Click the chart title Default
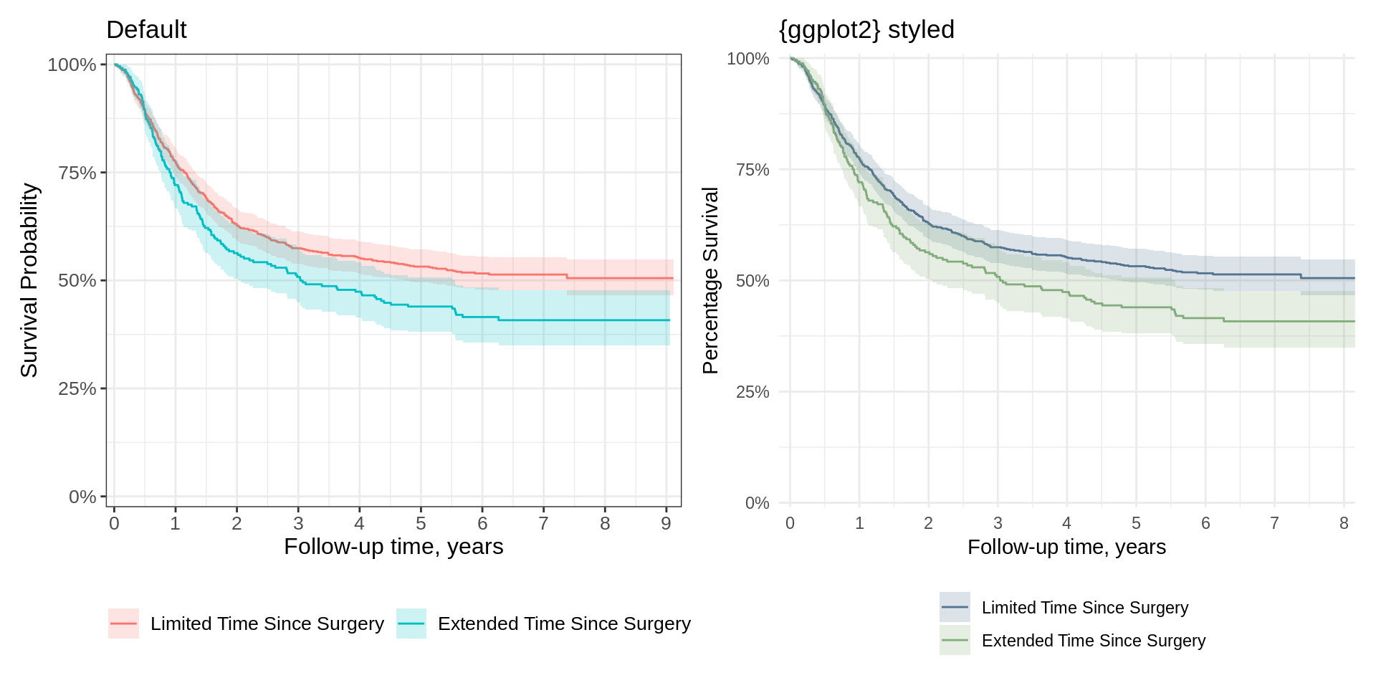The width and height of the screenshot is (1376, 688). point(146,30)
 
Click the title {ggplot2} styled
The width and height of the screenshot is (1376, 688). point(866,30)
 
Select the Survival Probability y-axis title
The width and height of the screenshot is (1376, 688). point(29,280)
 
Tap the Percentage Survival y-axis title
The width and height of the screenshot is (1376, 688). point(710,280)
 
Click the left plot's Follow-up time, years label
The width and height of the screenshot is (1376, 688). point(393,547)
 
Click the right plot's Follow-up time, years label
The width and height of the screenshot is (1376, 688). point(1066,548)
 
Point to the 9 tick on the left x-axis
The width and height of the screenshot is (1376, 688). point(666,524)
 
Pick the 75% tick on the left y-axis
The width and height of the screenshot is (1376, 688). point(77,173)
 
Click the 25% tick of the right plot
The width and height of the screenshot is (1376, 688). point(752,392)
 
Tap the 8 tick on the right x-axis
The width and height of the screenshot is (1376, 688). point(1344,523)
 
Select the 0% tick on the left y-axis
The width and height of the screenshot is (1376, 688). point(82,497)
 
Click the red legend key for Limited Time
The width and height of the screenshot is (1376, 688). point(123,623)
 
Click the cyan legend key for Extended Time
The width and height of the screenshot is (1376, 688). point(411,623)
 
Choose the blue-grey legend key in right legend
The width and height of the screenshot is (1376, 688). point(955,607)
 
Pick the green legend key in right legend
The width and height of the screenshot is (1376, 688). point(955,640)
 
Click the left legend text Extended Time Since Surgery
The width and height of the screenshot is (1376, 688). point(564,623)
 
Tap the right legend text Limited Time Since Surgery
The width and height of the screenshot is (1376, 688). point(1084,608)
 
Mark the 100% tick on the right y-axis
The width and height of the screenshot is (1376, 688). point(747,59)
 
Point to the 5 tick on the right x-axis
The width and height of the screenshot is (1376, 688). point(1136,523)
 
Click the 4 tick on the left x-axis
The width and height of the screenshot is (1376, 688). point(359,524)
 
